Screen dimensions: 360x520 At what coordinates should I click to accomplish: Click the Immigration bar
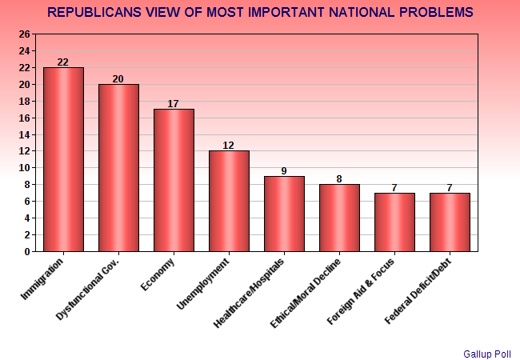pos(63,159)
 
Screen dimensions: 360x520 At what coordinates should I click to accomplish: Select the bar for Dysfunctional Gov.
pos(118,168)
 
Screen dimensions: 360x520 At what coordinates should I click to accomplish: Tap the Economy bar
pos(174,180)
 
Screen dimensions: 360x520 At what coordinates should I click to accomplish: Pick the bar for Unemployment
pos(229,201)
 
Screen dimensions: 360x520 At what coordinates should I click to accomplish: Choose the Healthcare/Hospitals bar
pos(284,214)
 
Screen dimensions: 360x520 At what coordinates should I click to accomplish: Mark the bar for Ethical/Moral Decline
pos(339,218)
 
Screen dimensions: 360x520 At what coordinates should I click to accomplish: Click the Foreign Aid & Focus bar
pos(394,222)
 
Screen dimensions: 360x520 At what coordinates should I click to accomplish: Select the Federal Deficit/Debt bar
pos(450,222)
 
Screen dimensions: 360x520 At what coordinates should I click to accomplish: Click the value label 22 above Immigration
pos(63,62)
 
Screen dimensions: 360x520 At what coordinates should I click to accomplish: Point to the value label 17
pos(174,103)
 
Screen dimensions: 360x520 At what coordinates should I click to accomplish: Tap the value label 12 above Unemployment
pos(229,145)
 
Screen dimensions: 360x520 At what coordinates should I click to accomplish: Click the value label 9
pos(284,170)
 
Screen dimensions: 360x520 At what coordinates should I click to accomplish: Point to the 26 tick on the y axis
pos(24,34)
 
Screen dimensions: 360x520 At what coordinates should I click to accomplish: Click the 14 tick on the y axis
pos(24,134)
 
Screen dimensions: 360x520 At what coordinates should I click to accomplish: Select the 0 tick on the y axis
pos(27,251)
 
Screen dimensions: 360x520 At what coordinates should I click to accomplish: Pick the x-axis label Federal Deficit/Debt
pos(419,290)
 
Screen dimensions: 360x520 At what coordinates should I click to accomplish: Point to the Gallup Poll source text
pos(488,352)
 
